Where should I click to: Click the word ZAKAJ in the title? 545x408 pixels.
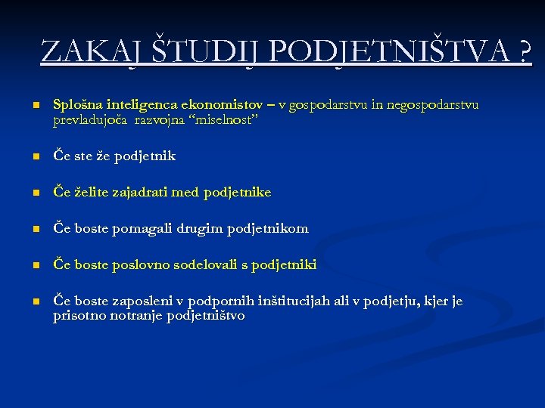[90, 52]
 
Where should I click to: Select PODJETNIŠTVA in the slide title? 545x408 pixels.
[386, 52]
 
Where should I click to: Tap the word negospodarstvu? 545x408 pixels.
[432, 104]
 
